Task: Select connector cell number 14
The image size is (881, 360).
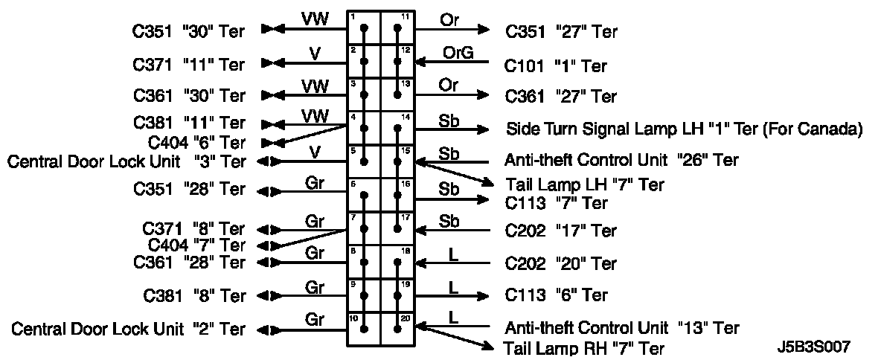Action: [398, 128]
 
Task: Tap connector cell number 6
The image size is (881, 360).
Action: [364, 195]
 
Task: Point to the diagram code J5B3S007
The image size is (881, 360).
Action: [812, 347]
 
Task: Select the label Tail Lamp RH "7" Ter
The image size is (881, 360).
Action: [585, 348]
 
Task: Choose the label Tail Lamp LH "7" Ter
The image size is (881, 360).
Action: [585, 184]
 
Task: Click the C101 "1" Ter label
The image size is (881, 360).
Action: [556, 66]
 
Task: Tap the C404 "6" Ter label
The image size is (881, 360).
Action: [196, 143]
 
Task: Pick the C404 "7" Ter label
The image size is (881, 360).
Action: [196, 245]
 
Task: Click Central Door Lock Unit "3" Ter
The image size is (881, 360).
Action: [126, 161]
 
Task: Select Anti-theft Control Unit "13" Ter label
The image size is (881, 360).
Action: [622, 327]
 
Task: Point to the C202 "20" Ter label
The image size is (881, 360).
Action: [561, 263]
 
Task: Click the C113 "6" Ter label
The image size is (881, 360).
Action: [557, 295]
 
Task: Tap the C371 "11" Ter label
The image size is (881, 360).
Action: [189, 65]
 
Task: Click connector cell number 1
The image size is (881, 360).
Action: [364, 28]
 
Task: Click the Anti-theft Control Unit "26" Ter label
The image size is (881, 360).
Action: [622, 160]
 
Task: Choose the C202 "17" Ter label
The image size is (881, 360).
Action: [561, 231]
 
